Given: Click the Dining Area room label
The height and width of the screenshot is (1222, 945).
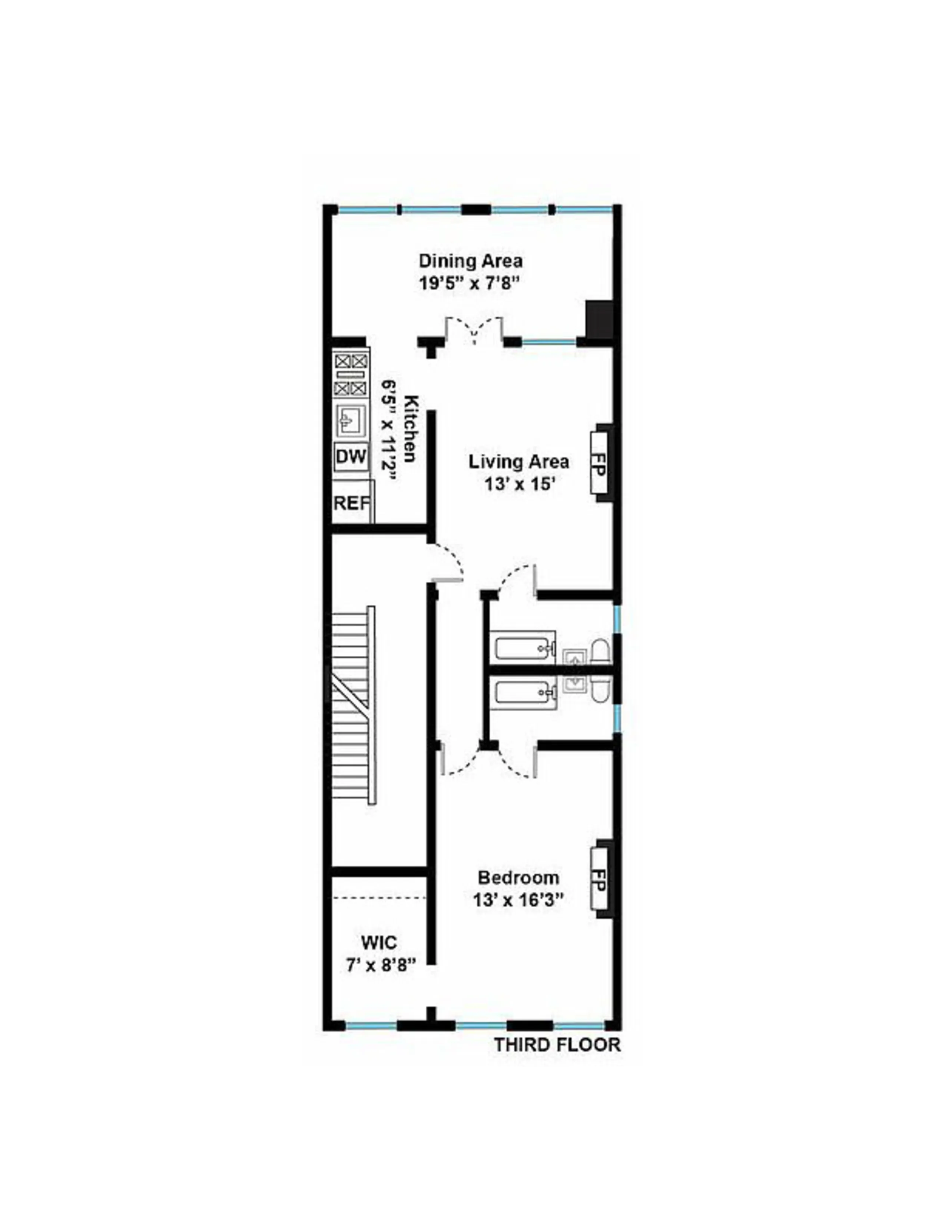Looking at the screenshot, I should point(471,261).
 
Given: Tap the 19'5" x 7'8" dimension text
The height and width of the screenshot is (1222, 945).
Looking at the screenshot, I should point(471,283).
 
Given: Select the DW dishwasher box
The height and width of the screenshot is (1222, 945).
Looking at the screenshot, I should point(351,457).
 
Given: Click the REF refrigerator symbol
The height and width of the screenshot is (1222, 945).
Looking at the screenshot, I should point(352,503).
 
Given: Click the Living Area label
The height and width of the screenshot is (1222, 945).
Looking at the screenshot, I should point(518,462).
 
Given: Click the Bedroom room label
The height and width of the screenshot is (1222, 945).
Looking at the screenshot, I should point(518,877).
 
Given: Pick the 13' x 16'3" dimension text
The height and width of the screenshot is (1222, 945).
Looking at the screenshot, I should point(518,900).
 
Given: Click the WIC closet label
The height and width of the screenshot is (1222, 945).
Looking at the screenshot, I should point(379,942).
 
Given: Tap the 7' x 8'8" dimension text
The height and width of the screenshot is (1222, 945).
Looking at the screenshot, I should point(379,965).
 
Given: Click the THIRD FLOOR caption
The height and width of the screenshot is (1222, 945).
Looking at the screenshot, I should point(557,1045).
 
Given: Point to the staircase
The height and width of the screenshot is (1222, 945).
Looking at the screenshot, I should point(353,705).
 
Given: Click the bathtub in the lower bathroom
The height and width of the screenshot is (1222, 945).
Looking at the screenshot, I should point(523,693).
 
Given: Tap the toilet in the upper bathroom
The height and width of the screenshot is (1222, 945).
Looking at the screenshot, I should point(599,651).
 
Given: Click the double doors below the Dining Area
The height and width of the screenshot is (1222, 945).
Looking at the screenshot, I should point(475,330).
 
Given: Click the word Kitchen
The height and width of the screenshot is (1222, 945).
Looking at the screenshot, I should point(411,428).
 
